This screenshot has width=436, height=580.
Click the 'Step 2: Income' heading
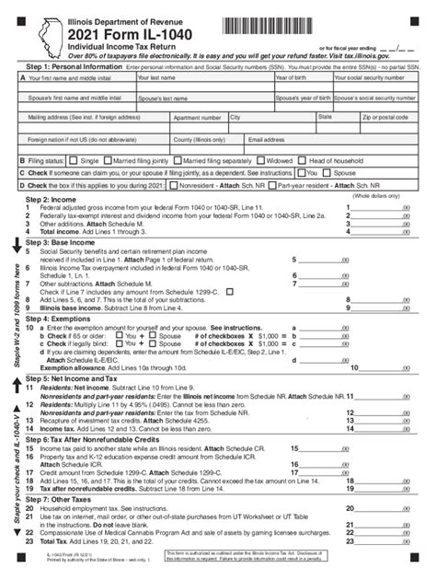click(50, 199)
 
